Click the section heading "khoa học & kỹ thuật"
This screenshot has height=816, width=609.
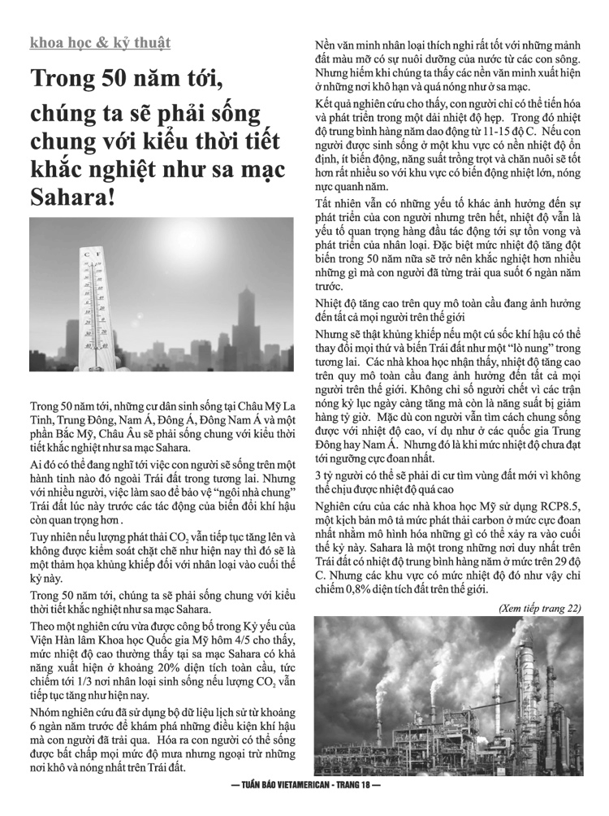[100, 42]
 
